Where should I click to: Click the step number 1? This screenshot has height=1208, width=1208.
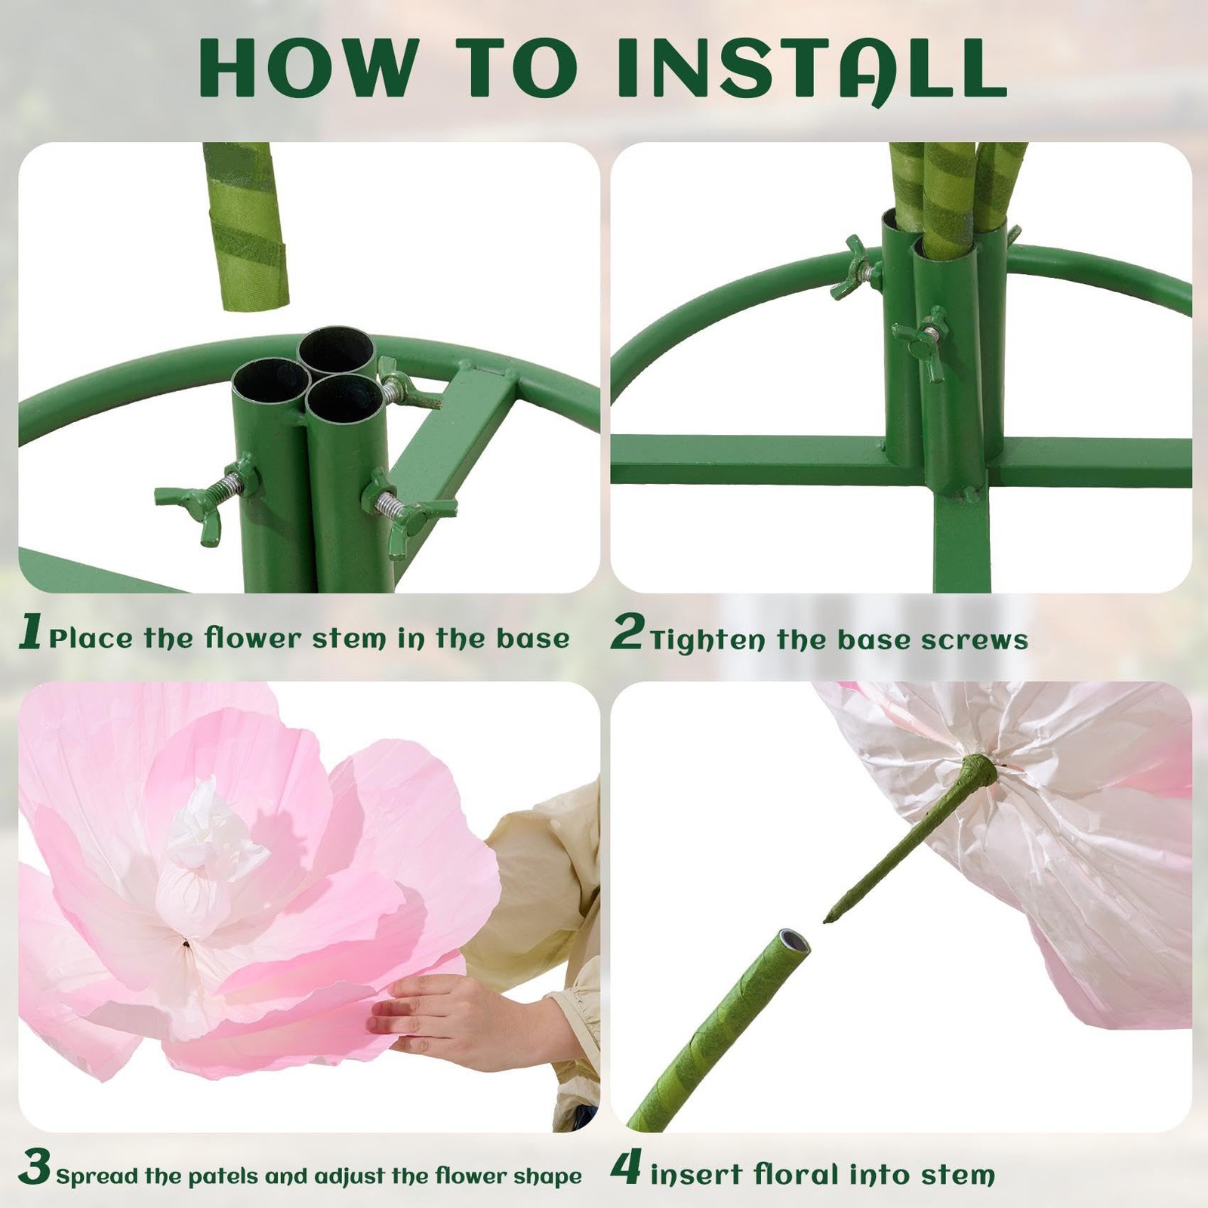point(30,632)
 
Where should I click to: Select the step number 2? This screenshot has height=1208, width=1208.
point(627,632)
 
